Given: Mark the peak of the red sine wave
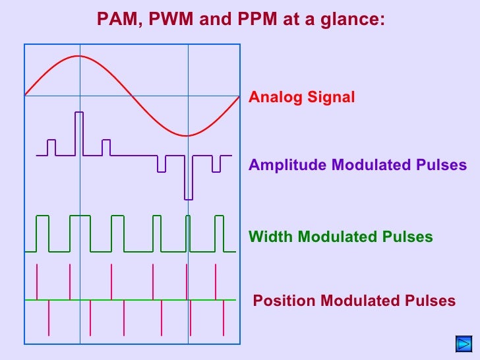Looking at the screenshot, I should (x=80, y=56).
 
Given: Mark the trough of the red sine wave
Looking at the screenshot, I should (x=188, y=136).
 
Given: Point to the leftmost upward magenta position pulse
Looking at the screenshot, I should (x=37, y=282).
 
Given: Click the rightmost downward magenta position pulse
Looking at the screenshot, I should (x=224, y=318).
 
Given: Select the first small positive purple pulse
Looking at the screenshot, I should (x=51, y=147).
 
